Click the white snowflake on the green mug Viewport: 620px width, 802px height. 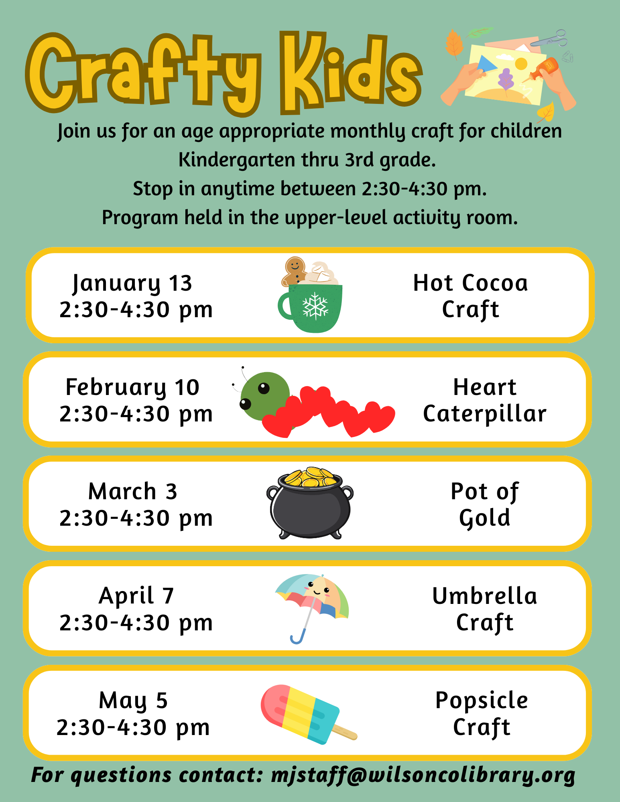click(315, 306)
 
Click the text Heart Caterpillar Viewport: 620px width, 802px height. click(485, 401)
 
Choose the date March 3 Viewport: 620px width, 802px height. click(133, 492)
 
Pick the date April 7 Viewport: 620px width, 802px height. click(136, 596)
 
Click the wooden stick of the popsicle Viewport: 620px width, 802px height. click(346, 733)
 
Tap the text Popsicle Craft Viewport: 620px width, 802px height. click(482, 714)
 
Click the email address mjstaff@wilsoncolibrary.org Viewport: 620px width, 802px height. click(423, 775)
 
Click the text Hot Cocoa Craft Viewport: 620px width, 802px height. click(471, 296)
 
